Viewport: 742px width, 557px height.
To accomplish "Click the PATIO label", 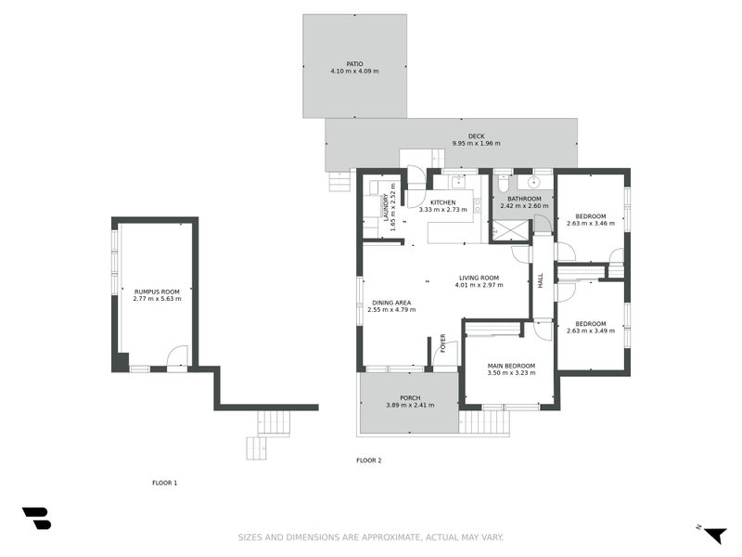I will click(x=354, y=64).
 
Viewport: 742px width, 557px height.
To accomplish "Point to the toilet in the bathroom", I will click(x=502, y=180).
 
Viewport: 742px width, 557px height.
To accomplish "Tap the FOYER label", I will click(x=443, y=343).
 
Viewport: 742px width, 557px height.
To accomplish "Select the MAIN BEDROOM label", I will click(x=512, y=366).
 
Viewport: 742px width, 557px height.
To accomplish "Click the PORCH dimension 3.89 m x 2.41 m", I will click(x=410, y=405).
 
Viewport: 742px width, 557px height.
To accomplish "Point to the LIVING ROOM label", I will click(x=479, y=278).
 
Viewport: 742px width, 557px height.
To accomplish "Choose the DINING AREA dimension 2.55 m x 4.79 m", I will click(x=391, y=310).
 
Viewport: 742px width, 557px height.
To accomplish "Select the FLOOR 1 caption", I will click(x=164, y=483).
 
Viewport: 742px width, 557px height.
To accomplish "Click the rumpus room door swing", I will click(x=176, y=357).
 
